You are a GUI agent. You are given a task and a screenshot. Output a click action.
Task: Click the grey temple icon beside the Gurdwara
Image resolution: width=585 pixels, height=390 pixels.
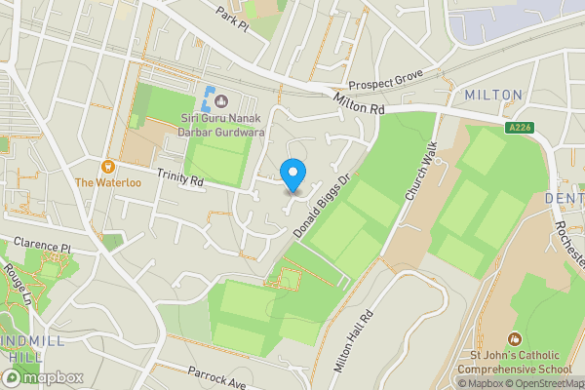click(x=221, y=100)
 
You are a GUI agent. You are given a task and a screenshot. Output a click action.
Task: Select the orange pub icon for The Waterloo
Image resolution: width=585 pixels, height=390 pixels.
click(x=108, y=166)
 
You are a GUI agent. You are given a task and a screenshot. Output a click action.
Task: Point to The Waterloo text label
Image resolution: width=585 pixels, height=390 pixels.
click(x=108, y=183)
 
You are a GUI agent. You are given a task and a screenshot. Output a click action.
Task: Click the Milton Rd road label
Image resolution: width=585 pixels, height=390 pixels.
click(x=358, y=101)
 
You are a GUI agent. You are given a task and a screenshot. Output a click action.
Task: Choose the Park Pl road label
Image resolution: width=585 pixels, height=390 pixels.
click(x=233, y=17)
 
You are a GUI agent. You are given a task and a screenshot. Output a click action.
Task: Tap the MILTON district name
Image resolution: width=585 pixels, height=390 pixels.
click(x=493, y=95)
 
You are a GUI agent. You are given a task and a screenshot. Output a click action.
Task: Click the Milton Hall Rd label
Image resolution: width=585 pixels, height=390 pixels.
click(x=354, y=342)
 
